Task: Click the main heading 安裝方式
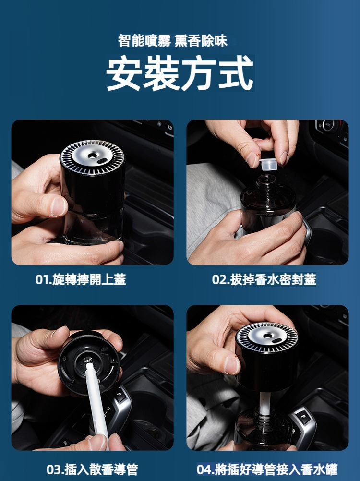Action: pos(180,73)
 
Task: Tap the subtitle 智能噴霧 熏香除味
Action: pos(173,41)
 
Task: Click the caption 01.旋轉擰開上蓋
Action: pos(81,279)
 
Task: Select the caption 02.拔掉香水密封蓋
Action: pos(264,279)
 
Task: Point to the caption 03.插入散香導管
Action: pos(92,469)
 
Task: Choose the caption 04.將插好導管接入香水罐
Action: pos(267,469)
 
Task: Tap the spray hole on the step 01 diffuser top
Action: pos(92,156)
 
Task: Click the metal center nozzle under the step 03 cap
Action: pos(88,360)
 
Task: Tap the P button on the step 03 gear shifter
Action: pos(120,395)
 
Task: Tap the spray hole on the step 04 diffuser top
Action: pos(267,336)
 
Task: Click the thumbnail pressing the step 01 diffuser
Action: pos(59,206)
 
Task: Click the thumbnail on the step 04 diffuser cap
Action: pos(231,365)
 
